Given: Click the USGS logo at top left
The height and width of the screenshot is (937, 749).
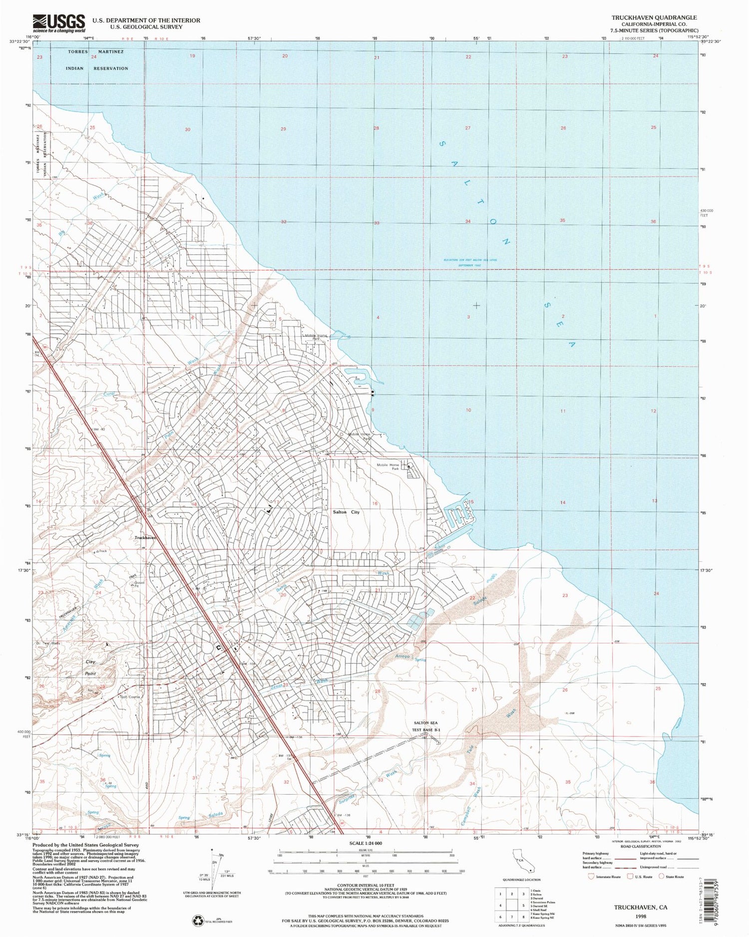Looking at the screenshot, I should [x=59, y=22].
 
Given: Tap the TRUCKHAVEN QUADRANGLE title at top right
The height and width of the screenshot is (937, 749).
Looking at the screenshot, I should [x=654, y=17].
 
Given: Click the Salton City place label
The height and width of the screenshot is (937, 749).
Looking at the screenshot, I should [x=346, y=512].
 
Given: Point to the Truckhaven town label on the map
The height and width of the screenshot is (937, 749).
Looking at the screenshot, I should [x=145, y=538].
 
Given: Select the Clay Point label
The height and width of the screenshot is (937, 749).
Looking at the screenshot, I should [x=90, y=667].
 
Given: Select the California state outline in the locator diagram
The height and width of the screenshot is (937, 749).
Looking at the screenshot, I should [x=522, y=862].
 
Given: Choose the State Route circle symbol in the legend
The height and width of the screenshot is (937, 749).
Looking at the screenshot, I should [x=661, y=876].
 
